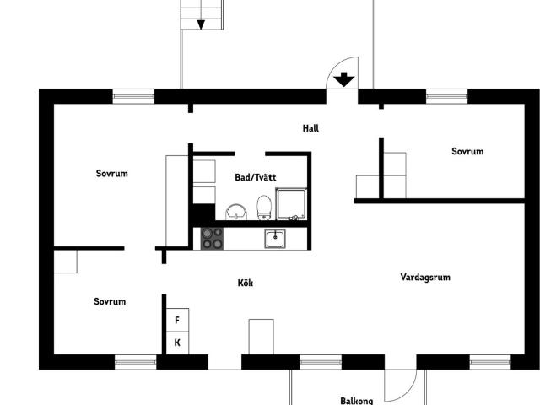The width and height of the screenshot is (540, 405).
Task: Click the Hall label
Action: (x=310, y=128)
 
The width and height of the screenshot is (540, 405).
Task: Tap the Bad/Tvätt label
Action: (x=255, y=177)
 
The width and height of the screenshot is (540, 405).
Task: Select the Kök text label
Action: (x=245, y=283)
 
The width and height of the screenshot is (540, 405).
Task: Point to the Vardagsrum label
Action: (x=424, y=276)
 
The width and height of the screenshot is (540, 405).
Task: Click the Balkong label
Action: (x=356, y=401)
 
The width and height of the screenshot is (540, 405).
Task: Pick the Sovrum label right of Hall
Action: (x=467, y=152)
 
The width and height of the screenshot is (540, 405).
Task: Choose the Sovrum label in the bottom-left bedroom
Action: (x=110, y=301)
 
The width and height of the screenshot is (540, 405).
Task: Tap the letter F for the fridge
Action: (x=177, y=321)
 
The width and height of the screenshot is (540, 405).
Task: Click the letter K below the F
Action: (x=177, y=343)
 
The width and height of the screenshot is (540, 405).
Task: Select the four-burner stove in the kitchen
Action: (x=213, y=239)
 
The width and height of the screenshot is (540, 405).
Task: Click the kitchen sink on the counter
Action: (x=275, y=239)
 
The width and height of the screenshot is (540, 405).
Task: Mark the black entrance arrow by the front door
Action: (x=343, y=80)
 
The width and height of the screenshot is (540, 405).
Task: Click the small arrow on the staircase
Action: (x=201, y=24)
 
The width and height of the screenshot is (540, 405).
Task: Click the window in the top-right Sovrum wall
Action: (x=446, y=96)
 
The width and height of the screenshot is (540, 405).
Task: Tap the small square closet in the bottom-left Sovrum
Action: (x=65, y=262)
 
